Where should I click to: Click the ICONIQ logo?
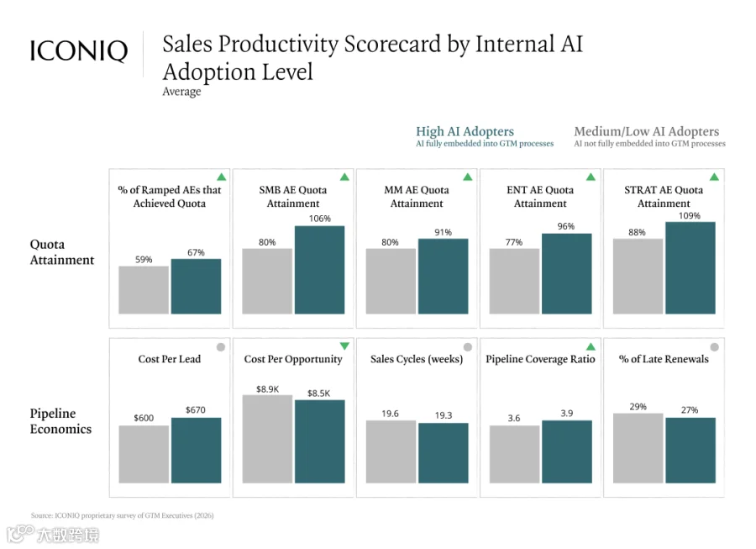pyautogui.click(x=79, y=50)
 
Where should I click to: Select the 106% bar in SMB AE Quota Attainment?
pyautogui.click(x=320, y=270)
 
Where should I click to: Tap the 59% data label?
pyautogui.click(x=144, y=260)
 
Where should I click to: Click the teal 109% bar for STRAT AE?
pyautogui.click(x=690, y=267)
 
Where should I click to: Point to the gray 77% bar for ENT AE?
pyautogui.click(x=514, y=282)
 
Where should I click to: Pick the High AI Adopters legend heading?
pyautogui.click(x=465, y=131)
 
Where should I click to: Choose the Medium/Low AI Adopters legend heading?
pyautogui.click(x=647, y=131)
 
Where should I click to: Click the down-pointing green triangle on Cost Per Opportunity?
pyautogui.click(x=344, y=346)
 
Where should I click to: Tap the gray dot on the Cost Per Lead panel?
pyautogui.click(x=221, y=347)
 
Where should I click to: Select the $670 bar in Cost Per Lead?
pyautogui.click(x=197, y=450)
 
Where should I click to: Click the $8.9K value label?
pyautogui.click(x=268, y=388)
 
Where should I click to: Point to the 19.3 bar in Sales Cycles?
pyautogui.click(x=443, y=453)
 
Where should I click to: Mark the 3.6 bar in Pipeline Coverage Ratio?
pyautogui.click(x=514, y=454)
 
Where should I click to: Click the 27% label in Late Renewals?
pyautogui.click(x=690, y=410)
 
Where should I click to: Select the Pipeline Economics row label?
pyautogui.click(x=60, y=421)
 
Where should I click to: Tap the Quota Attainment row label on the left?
pyautogui.click(x=62, y=252)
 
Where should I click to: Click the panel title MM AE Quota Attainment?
pyautogui.click(x=417, y=197)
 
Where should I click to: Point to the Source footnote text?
pyautogui.click(x=122, y=515)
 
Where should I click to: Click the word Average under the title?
pyautogui.click(x=181, y=91)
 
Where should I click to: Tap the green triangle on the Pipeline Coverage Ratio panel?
pyautogui.click(x=591, y=346)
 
